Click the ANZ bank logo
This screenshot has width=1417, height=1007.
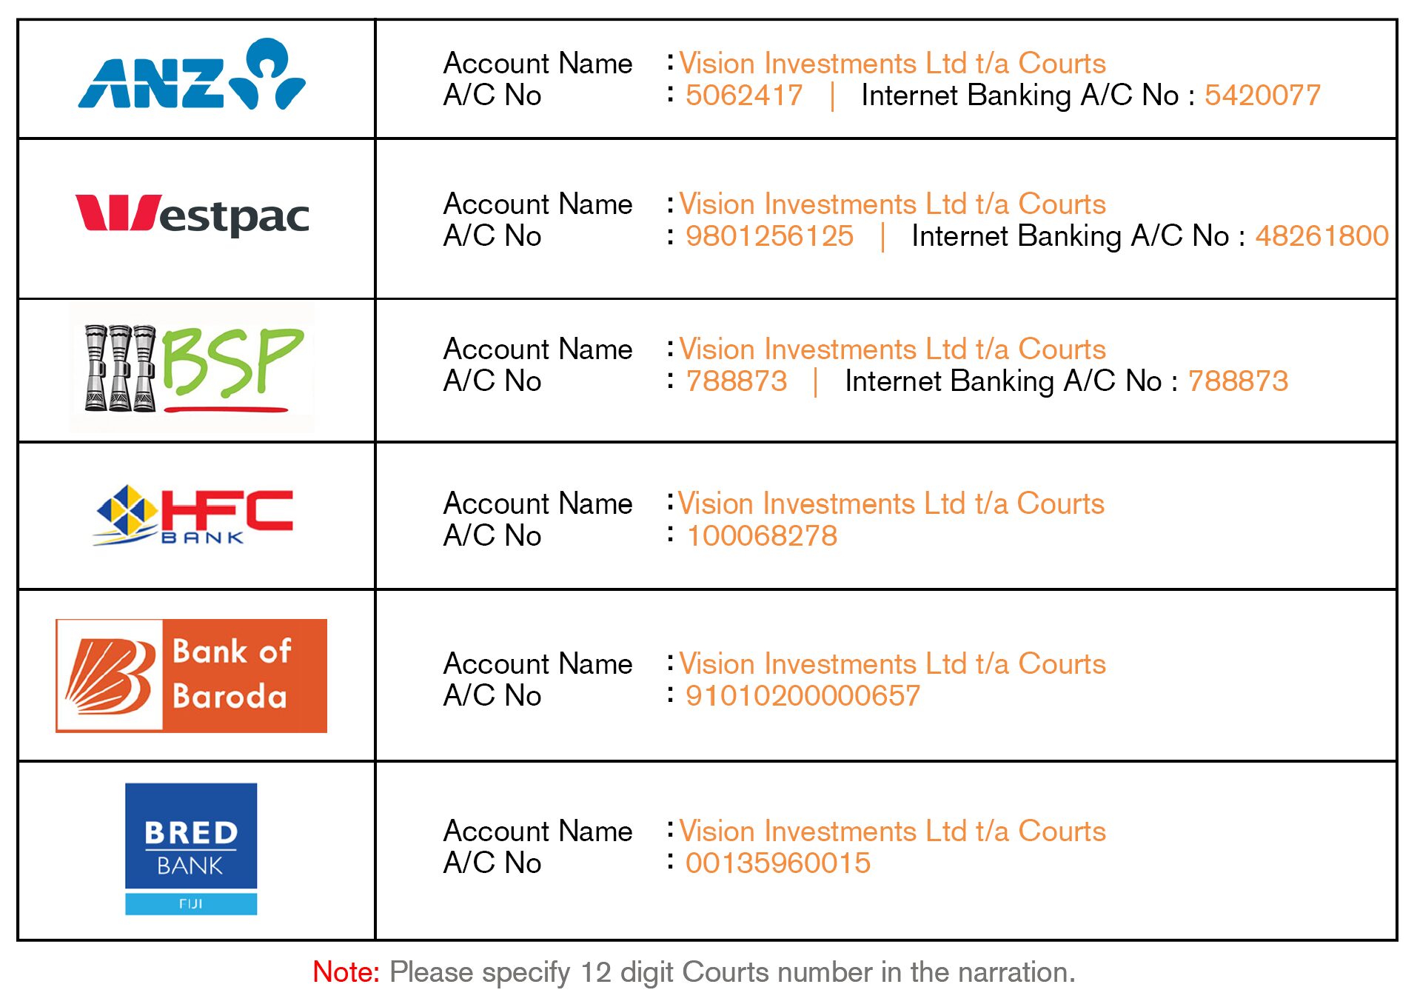[192, 74]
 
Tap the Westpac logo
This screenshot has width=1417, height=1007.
[192, 214]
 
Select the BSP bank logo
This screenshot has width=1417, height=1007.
[192, 367]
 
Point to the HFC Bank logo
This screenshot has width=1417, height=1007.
[194, 516]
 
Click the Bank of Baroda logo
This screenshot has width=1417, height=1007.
[192, 675]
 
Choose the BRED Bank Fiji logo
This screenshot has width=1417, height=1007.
[191, 849]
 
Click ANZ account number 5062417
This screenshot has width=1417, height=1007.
[744, 96]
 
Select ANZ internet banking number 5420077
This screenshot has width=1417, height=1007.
[1262, 96]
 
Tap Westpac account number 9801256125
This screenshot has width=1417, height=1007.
[769, 236]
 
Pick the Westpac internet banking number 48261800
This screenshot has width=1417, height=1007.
[1321, 236]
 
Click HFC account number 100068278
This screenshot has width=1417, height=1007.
[762, 536]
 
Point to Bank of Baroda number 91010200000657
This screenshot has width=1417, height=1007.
[803, 696]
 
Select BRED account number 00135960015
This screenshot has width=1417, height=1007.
[778, 863]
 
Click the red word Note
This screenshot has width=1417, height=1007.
[346, 972]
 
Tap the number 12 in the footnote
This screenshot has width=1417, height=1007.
[596, 972]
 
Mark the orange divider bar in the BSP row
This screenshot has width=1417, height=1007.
[816, 382]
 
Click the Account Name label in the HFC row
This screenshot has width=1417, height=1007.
[538, 503]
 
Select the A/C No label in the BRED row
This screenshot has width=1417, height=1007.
[492, 863]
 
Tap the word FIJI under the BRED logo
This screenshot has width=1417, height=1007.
[191, 903]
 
